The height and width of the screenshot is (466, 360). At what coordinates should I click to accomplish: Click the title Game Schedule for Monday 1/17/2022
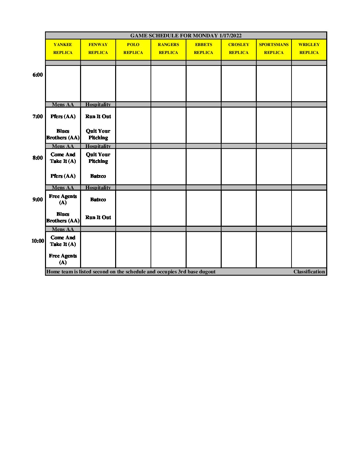click(x=186, y=36)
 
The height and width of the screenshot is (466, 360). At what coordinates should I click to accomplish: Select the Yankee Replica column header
click(x=63, y=49)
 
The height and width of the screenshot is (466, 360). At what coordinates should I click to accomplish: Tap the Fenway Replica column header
click(x=98, y=49)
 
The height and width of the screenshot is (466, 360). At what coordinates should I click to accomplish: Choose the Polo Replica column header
click(x=133, y=49)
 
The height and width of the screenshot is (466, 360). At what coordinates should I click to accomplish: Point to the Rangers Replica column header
click(x=168, y=49)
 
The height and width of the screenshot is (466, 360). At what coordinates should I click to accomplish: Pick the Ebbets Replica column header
click(x=203, y=49)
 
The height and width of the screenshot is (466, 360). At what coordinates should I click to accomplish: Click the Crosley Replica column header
click(x=239, y=49)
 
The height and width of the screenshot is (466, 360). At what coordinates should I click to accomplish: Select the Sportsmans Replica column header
click(x=274, y=49)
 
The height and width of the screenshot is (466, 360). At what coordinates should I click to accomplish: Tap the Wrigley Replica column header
click(x=309, y=49)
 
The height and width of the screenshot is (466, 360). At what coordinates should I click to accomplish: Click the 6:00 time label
click(x=38, y=75)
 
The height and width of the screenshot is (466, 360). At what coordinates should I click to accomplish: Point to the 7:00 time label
click(x=38, y=117)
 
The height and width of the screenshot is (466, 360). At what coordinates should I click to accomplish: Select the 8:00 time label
click(x=38, y=158)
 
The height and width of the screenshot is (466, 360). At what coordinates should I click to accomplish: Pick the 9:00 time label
click(x=38, y=200)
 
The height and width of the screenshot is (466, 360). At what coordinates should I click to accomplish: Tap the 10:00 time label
click(x=38, y=241)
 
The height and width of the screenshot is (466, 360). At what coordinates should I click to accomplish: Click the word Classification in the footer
click(x=309, y=272)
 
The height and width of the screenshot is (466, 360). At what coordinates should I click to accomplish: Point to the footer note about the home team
click(x=131, y=272)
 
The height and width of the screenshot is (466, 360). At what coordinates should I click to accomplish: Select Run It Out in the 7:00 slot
click(x=98, y=117)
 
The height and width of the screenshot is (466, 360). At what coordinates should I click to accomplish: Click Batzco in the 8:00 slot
click(x=98, y=176)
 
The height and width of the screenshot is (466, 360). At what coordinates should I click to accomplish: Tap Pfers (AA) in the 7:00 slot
click(x=63, y=117)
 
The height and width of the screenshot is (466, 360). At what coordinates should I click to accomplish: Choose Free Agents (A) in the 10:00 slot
click(x=63, y=259)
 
